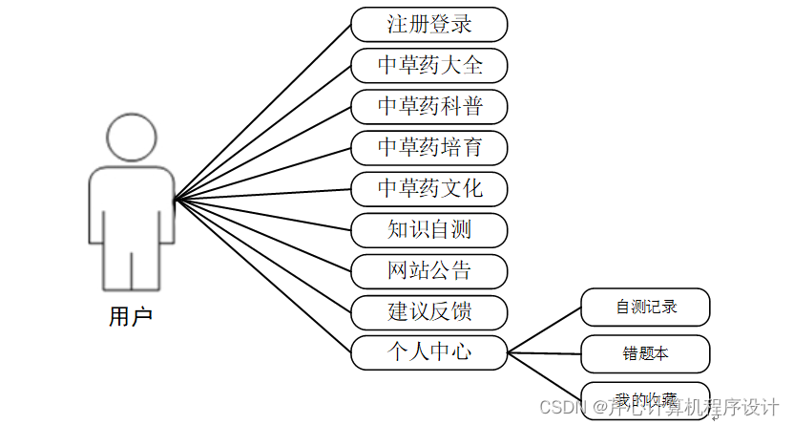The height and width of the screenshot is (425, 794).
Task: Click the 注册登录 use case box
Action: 428,24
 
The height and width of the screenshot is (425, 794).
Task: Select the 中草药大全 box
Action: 428,65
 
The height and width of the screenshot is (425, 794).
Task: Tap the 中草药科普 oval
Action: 428,106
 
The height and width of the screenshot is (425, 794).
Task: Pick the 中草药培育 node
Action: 428,147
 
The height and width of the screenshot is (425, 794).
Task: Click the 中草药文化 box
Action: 428,188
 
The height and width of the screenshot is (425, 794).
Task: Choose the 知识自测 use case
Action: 428,229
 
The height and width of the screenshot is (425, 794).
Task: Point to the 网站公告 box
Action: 428,270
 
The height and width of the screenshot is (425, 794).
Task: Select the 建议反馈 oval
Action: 428,311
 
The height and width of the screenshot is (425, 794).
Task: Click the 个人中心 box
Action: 428,351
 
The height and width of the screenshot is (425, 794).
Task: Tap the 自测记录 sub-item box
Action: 645,308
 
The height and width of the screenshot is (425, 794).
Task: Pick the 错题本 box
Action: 645,353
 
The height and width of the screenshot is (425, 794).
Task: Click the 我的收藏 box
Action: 645,398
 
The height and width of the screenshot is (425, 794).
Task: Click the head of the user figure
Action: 132,137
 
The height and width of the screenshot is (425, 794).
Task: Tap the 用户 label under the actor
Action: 131,317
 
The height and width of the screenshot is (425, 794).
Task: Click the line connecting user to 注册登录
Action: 262,113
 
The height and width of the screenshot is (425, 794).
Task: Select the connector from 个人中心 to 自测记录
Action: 544,330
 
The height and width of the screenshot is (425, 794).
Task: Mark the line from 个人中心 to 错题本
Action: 544,352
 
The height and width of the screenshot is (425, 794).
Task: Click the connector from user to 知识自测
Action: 262,215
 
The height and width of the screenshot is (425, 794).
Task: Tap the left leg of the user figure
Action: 116,267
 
